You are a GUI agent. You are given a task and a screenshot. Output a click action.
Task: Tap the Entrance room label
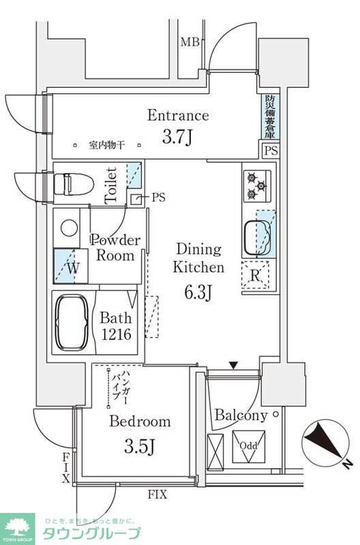click(178, 115)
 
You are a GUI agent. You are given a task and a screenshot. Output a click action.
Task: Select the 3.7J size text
click(178, 138)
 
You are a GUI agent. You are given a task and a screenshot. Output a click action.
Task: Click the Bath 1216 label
click(116, 326)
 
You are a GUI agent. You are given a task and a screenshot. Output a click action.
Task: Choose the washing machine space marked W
click(70, 267)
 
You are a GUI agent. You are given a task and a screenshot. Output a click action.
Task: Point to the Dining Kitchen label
click(198, 258)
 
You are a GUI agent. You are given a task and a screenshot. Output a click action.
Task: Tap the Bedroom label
click(140, 422)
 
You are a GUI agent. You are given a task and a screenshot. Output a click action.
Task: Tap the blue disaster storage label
click(269, 116)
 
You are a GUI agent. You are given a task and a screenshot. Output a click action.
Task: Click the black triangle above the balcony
click(234, 366)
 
